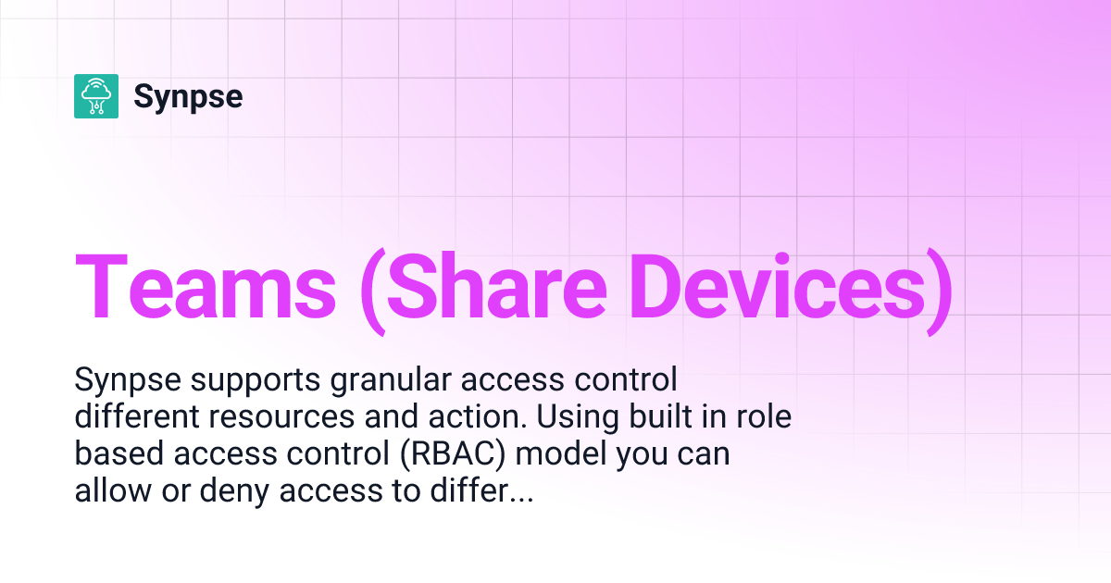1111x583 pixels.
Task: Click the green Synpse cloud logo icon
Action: click(96, 96)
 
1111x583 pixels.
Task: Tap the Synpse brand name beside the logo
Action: click(188, 96)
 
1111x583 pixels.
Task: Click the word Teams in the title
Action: click(206, 286)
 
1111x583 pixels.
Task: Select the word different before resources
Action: click(138, 417)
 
